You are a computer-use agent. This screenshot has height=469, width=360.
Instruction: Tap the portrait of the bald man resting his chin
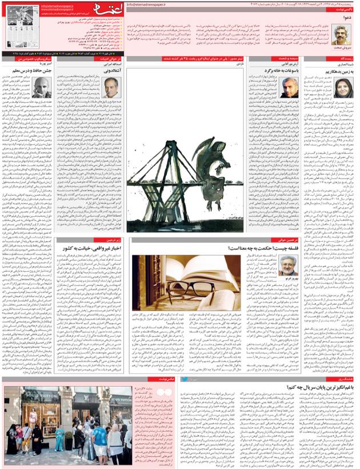point(41,88)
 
